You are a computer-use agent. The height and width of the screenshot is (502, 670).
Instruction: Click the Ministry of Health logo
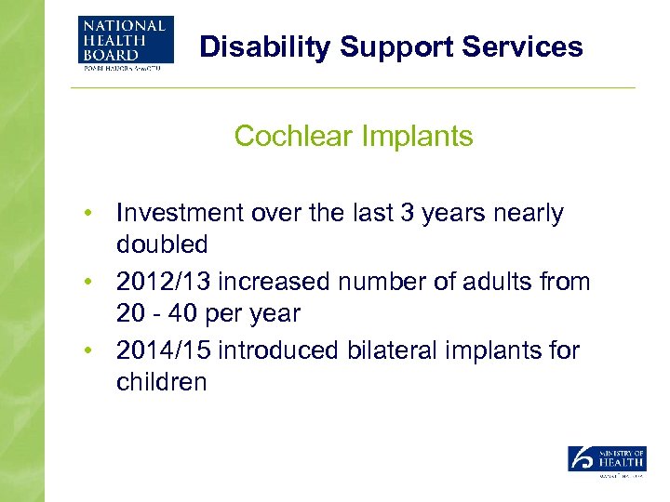(607, 461)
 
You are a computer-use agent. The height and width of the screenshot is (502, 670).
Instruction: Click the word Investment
(179, 214)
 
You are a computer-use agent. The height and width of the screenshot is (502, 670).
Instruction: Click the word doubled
(161, 244)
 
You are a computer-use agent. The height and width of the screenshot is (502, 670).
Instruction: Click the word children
(161, 382)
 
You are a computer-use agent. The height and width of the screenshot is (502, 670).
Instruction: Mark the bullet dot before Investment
(86, 214)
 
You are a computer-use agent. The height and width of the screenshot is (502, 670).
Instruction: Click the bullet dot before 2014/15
(86, 351)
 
